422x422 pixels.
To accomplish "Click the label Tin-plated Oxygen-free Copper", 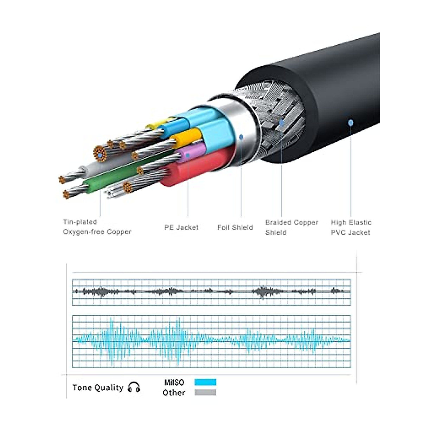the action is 97,227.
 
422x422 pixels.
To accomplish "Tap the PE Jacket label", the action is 181,227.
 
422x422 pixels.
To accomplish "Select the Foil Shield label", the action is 235,227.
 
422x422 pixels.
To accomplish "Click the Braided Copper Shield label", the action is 292,227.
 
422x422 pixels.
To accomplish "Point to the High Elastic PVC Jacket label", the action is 351,227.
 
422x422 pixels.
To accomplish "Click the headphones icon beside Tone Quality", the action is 134,393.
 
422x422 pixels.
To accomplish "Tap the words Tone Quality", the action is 98,394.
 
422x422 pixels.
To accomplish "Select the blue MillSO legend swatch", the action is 205,388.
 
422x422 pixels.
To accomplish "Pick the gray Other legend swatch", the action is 205,398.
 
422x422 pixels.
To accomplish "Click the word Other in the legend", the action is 174,398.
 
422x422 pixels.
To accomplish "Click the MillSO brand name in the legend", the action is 174,388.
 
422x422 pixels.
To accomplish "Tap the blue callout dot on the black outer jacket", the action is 351,122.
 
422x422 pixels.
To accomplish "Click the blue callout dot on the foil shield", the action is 241,137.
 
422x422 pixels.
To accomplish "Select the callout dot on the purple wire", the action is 188,155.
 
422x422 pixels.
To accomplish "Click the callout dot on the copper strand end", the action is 100,155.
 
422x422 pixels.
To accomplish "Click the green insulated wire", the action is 123,175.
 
